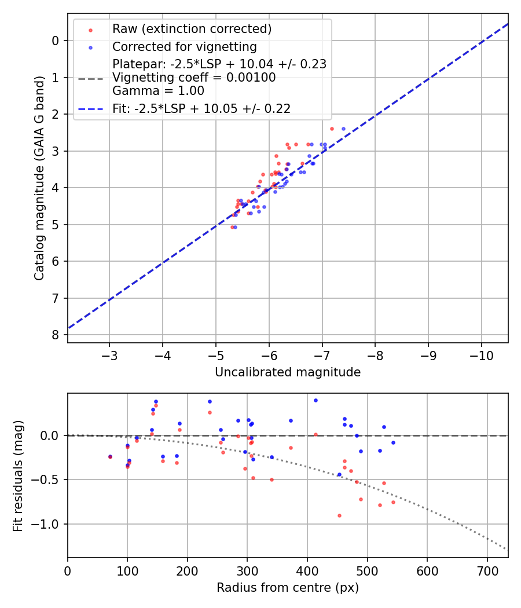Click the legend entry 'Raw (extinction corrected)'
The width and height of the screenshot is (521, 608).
click(192, 29)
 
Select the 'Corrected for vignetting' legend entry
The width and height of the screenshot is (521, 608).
click(184, 46)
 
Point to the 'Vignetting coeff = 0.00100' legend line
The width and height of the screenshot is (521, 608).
click(194, 78)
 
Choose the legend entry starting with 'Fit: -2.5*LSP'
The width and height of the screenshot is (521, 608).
click(201, 108)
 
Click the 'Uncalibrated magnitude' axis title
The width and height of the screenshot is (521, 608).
click(288, 372)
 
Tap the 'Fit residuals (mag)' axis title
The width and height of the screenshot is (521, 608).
click(18, 475)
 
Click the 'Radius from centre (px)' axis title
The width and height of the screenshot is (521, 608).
click(288, 588)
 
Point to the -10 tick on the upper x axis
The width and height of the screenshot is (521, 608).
click(481, 354)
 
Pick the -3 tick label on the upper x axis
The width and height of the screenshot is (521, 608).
click(109, 354)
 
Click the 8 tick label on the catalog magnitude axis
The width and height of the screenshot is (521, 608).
click(55, 335)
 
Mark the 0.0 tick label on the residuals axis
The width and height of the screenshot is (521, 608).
click(54, 435)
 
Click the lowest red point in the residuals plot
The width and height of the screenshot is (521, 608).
click(339, 515)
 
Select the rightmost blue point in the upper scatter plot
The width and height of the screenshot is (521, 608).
click(343, 129)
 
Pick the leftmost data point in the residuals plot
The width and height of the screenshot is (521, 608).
click(110, 456)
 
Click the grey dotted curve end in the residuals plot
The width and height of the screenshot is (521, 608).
click(506, 548)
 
